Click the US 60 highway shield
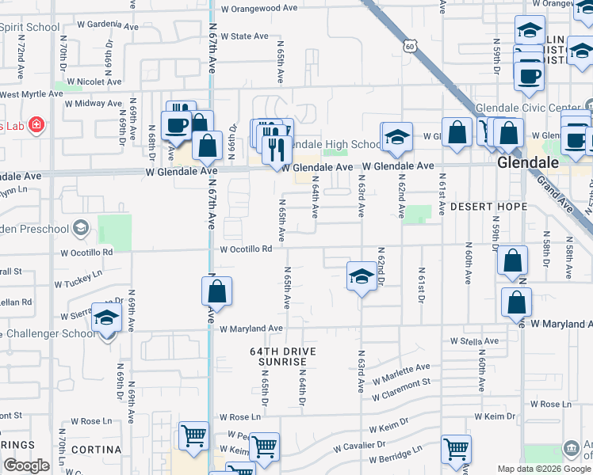[x=408, y=47]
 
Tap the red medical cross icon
[x=35, y=125]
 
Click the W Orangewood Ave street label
[x=259, y=9]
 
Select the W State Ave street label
[x=245, y=36]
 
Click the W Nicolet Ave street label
[x=94, y=82]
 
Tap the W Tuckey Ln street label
[x=78, y=280]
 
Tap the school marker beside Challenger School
[x=106, y=317]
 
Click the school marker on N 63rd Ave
[x=362, y=276]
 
